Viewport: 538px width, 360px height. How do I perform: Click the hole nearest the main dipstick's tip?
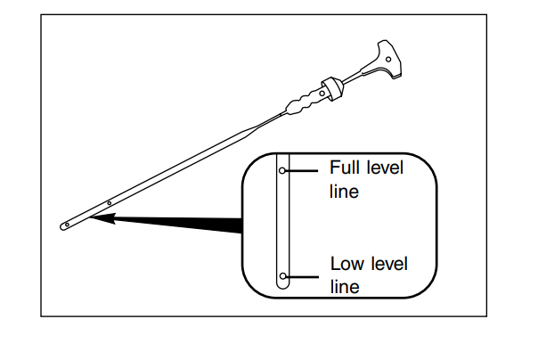coord(66,226)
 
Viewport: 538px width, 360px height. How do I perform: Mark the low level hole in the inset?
coord(282,275)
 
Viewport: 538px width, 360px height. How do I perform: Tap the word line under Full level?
coord(343,191)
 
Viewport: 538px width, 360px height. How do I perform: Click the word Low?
coord(346,264)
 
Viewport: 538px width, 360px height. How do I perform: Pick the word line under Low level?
coord(343,287)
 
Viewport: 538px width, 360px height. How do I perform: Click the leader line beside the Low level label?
coord(303,275)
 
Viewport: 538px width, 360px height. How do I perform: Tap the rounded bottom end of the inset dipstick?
coord(282,287)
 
